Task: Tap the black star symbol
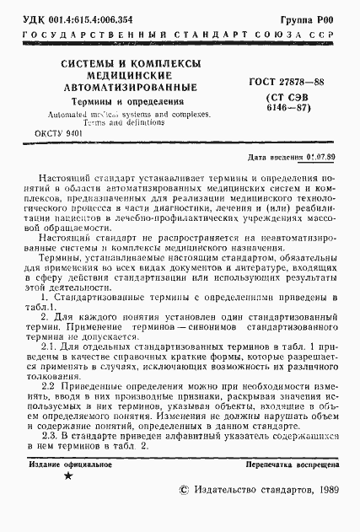pyautogui.click(x=67, y=477)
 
